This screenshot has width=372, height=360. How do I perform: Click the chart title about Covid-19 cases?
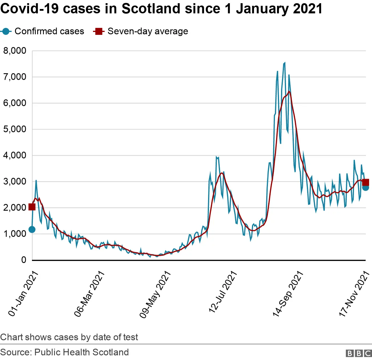point(161,9)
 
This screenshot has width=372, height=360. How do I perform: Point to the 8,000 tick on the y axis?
point(15,51)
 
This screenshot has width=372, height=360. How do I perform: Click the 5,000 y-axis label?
point(15,129)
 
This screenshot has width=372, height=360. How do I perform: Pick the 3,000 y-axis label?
point(15,181)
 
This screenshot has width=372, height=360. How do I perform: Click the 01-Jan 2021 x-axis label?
point(23,293)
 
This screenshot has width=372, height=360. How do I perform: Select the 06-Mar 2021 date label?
point(89,293)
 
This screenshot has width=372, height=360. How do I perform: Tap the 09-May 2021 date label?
point(155,294)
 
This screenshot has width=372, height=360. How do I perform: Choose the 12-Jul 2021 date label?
point(223,292)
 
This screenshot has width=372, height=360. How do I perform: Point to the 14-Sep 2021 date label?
point(288,293)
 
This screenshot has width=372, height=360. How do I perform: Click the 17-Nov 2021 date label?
point(354,293)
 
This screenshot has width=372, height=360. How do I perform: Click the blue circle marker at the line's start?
point(32,230)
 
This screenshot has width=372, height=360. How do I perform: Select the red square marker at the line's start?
point(32,207)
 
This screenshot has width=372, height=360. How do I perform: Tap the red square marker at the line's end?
point(366,182)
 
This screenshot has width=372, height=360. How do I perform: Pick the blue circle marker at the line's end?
point(366,188)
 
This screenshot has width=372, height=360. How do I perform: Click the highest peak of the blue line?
point(285,63)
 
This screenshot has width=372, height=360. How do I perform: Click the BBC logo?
point(359,353)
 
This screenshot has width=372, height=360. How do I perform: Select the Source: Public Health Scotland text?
point(65,352)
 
